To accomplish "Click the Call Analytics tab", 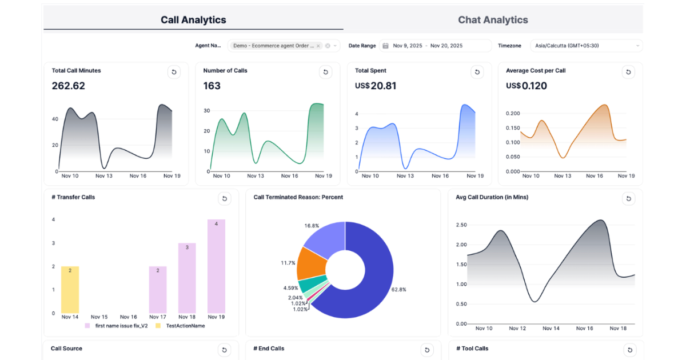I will pyautogui.click(x=193, y=20).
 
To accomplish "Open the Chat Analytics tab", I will pyautogui.click(x=493, y=20).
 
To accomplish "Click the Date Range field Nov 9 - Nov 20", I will pyautogui.click(x=434, y=46).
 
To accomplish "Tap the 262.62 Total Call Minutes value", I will pyautogui.click(x=68, y=86).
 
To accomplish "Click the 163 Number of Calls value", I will pyautogui.click(x=212, y=86).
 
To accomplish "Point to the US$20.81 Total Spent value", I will pyautogui.click(x=376, y=86).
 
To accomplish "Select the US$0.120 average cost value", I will pyautogui.click(x=527, y=86).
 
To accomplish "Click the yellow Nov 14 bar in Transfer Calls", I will pyautogui.click(x=70, y=290).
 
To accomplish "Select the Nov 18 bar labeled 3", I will pyautogui.click(x=187, y=278).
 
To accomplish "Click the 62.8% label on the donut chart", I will pyautogui.click(x=398, y=290).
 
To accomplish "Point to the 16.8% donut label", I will pyautogui.click(x=312, y=226).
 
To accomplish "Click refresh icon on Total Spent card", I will pyautogui.click(x=477, y=72).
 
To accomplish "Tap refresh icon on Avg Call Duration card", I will pyautogui.click(x=629, y=198).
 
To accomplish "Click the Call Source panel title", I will pyautogui.click(x=66, y=348).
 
